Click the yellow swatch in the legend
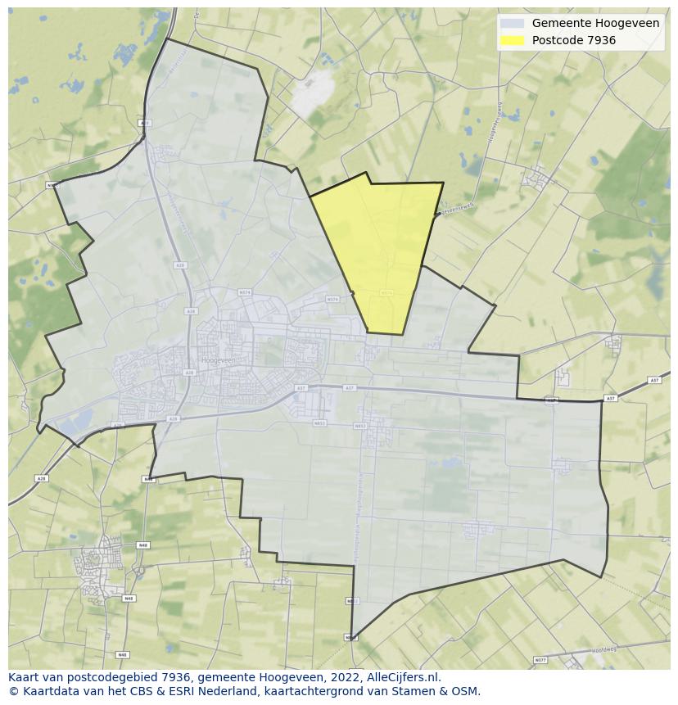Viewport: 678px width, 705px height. [513, 40]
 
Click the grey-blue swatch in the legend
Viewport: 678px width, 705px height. [513, 24]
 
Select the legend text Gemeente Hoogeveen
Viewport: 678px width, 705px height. [595, 24]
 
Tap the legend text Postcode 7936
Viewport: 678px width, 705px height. [573, 40]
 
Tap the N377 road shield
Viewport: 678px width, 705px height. [540, 660]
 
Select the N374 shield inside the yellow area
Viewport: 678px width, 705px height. [387, 292]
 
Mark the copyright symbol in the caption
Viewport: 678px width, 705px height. [12, 691]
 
